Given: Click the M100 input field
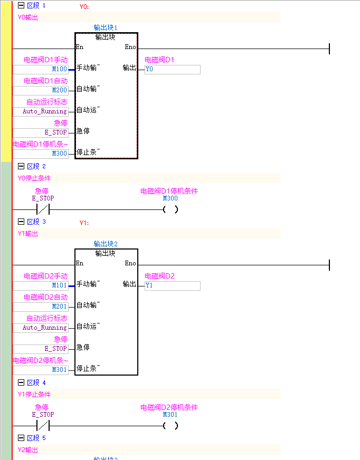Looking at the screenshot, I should [x=40, y=69].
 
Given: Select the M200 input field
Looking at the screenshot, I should [x=40, y=90].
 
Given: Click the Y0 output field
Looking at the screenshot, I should [x=173, y=69].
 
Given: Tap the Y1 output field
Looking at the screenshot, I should [x=173, y=285].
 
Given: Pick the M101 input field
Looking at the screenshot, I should [x=40, y=285].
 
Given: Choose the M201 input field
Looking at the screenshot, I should [x=40, y=306].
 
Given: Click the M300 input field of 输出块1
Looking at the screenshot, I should [x=40, y=154].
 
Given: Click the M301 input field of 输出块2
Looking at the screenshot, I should [x=40, y=370].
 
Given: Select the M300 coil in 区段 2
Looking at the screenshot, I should [x=170, y=209].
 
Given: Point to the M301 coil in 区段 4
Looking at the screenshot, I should [x=170, y=426].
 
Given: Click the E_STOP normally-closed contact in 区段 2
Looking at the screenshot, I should [x=42, y=209].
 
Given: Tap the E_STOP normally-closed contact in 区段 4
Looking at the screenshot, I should [x=42, y=426].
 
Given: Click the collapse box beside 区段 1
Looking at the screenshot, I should [x=21, y=5].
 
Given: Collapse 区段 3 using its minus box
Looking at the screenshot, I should [x=21, y=222].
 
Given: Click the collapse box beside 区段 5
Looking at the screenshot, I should [x=21, y=438].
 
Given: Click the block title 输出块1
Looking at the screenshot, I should [x=106, y=27].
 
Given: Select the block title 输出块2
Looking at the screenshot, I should [x=106, y=244].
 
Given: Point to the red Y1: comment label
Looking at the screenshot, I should [x=84, y=223].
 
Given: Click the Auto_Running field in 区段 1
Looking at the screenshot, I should [x=40, y=111].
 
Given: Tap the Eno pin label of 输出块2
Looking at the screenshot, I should [x=130, y=263].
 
